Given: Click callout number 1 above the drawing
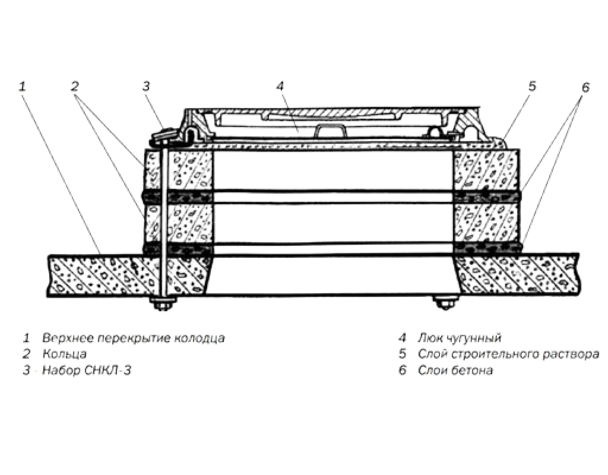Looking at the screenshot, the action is click(x=23, y=86).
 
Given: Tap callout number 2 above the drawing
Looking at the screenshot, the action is click(x=75, y=86).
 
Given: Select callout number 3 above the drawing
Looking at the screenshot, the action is click(x=146, y=86).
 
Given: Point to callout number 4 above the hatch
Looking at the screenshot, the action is click(x=280, y=86).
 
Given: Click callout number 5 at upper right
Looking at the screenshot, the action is click(x=532, y=86).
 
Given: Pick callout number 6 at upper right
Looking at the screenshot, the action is click(x=585, y=88).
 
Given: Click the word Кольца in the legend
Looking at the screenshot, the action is click(x=64, y=354).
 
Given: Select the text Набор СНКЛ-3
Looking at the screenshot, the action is click(x=87, y=370).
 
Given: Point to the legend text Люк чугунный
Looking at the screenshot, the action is click(x=460, y=338).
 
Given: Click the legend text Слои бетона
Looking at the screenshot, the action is click(x=455, y=370).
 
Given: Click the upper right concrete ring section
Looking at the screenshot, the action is click(x=487, y=170).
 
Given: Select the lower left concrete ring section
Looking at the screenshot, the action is click(x=179, y=224).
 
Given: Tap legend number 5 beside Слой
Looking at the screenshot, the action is click(x=403, y=354).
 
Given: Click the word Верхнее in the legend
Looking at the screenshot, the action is click(x=68, y=338).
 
